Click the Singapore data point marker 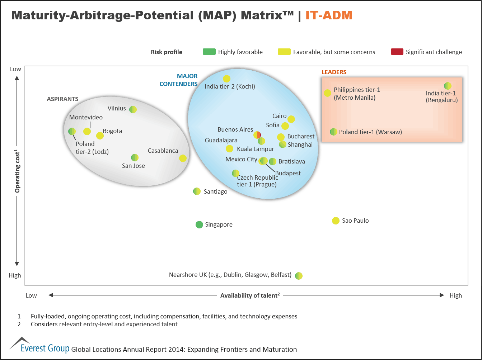(199, 224)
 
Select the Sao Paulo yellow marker (336, 221)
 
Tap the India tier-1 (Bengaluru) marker (448, 86)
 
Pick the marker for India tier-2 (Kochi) (226, 79)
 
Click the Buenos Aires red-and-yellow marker (257, 135)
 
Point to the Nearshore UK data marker (299, 275)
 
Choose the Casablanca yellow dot (183, 158)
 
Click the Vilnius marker (133, 109)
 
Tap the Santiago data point (197, 191)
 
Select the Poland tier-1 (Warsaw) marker (333, 132)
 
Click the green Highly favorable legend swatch (209, 52)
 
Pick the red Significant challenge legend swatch (397, 52)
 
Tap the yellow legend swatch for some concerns (284, 52)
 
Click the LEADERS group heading (334, 72)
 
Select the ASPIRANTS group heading (62, 99)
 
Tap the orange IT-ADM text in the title (329, 15)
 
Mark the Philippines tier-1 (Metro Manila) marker (327, 93)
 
